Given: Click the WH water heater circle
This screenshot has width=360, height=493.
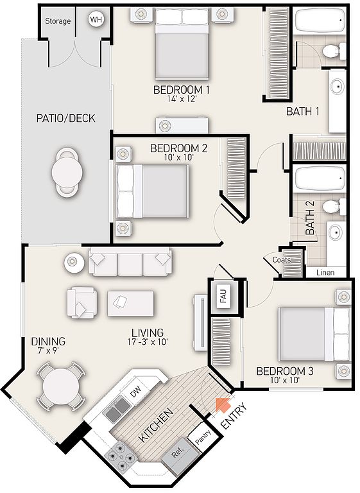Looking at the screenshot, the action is (96, 20).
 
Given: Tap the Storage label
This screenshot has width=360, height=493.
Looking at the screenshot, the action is (58, 21).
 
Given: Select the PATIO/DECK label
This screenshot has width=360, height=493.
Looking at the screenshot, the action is (65, 118).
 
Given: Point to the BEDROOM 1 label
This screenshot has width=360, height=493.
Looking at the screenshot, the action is (182, 90).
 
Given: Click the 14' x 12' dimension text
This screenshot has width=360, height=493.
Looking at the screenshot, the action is (182, 99).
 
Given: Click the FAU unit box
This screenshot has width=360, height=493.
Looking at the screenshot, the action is (224, 296).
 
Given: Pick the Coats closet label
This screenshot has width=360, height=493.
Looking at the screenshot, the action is (282, 260).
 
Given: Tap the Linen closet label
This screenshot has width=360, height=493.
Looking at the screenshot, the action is (325, 272).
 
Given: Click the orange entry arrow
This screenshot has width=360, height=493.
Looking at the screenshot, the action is (222, 405).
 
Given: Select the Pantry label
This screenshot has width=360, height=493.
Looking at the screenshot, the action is (202, 437).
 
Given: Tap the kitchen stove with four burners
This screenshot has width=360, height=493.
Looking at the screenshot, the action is (121, 456).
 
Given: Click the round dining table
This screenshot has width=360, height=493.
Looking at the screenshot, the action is (61, 386).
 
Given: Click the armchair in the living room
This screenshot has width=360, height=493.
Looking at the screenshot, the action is (81, 302).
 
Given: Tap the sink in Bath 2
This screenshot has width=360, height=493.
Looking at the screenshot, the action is (336, 233).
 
